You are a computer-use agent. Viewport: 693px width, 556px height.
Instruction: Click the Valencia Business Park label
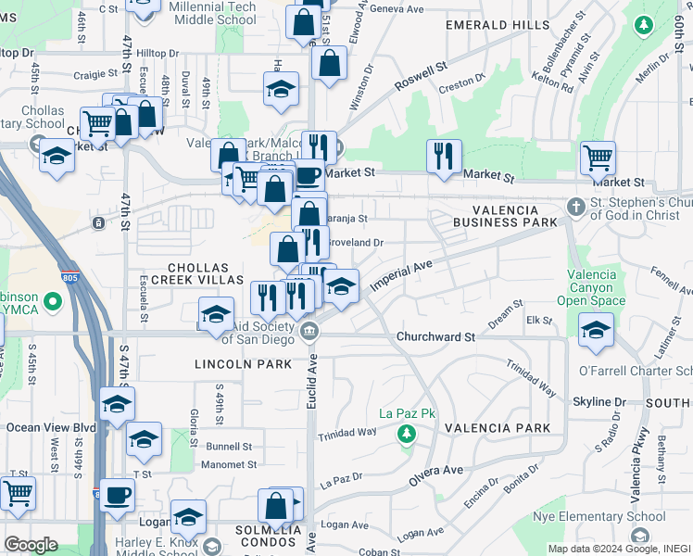pyautogui.click(x=505, y=216)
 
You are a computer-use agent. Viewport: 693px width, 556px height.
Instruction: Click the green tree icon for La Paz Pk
pyautogui.click(x=405, y=433)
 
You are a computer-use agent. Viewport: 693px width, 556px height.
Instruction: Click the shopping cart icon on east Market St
pyautogui.click(x=598, y=158)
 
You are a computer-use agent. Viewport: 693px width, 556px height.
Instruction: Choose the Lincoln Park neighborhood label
pyautogui.click(x=231, y=364)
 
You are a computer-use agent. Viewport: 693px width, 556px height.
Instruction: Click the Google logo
pyautogui.click(x=31, y=545)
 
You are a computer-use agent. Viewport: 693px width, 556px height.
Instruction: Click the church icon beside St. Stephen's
pyautogui.click(x=575, y=204)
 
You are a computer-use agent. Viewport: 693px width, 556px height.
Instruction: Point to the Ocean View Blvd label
pyautogui.click(x=51, y=427)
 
